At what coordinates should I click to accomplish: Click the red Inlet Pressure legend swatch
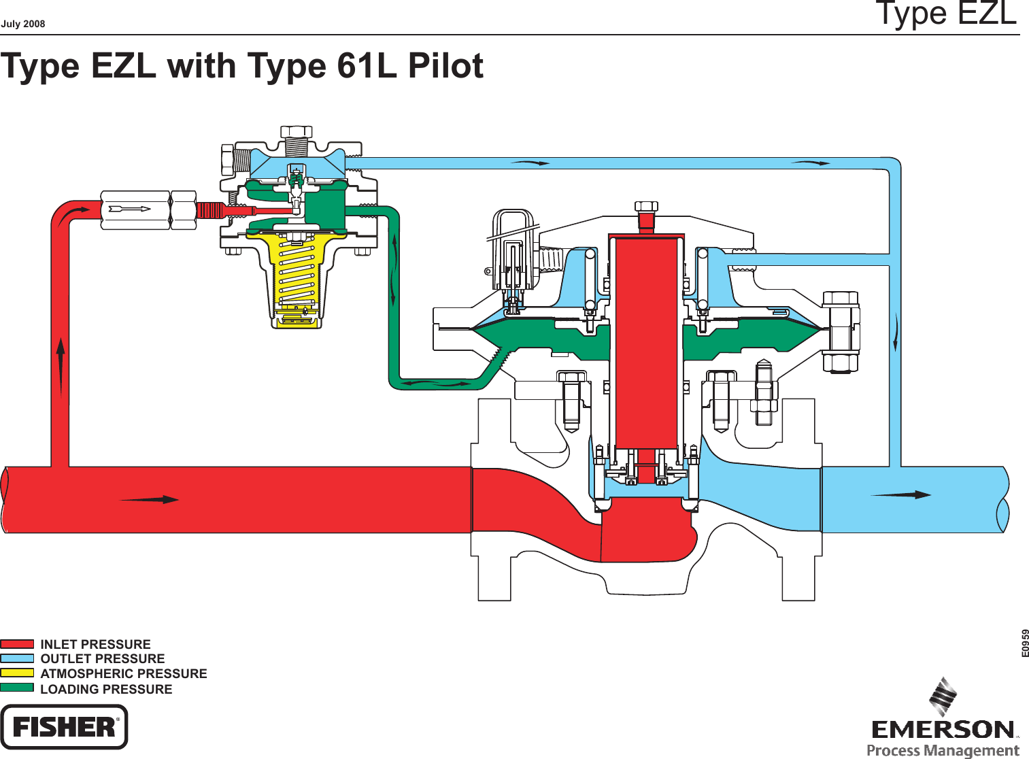(x=17, y=643)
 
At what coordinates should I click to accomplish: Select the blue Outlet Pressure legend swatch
(x=17, y=658)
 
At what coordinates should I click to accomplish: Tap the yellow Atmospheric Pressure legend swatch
(x=17, y=673)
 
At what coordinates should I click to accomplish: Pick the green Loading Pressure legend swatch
(x=17, y=688)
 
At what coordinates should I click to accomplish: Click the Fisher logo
(x=64, y=727)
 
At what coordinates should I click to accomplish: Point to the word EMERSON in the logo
(x=943, y=730)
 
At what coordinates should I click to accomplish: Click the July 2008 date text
(x=23, y=24)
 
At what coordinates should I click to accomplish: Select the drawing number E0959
(x=1025, y=643)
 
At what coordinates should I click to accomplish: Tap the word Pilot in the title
(x=445, y=66)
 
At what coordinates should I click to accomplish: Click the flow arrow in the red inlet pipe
(x=150, y=500)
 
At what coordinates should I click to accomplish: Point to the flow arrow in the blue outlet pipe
(x=901, y=494)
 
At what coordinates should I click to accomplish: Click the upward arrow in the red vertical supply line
(x=61, y=367)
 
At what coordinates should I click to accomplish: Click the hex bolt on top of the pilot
(x=297, y=132)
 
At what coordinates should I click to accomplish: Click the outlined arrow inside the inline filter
(x=130, y=209)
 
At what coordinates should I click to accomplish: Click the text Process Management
(x=943, y=750)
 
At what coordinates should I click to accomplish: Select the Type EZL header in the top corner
(x=946, y=14)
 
